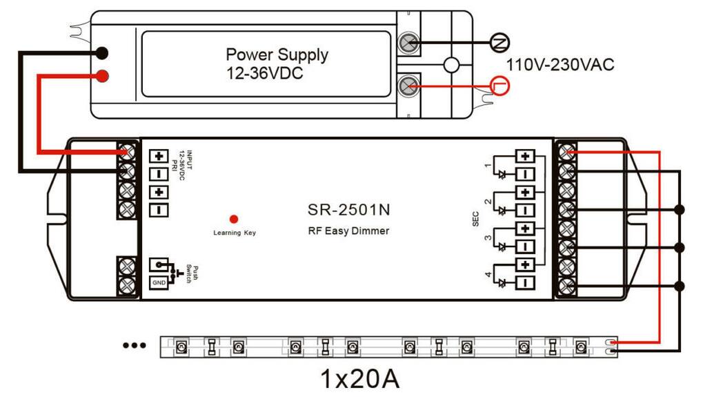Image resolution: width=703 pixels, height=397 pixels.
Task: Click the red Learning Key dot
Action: [x=234, y=219]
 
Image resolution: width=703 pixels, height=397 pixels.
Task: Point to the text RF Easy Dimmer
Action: [x=348, y=231]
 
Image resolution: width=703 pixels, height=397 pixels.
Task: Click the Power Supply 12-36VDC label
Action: [x=277, y=63]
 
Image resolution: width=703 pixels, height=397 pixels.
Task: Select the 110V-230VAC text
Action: [x=560, y=66]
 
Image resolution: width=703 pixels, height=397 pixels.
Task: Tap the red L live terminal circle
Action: [x=499, y=85]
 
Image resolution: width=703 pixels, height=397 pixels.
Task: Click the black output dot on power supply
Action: [x=101, y=53]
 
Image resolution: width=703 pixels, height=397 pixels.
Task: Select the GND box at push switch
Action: [x=159, y=282]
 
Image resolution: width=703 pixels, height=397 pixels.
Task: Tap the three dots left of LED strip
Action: [x=133, y=344]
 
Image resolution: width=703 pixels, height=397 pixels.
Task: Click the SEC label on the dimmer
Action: [x=466, y=218]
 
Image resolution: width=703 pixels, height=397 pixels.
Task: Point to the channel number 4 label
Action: [x=489, y=275]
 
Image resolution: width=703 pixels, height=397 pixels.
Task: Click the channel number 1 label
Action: [x=489, y=166]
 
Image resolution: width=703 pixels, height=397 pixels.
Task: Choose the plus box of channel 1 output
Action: [x=526, y=156]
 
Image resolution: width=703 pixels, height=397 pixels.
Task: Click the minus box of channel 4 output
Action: [x=526, y=282]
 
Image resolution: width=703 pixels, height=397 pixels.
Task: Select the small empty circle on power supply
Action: [x=451, y=65]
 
